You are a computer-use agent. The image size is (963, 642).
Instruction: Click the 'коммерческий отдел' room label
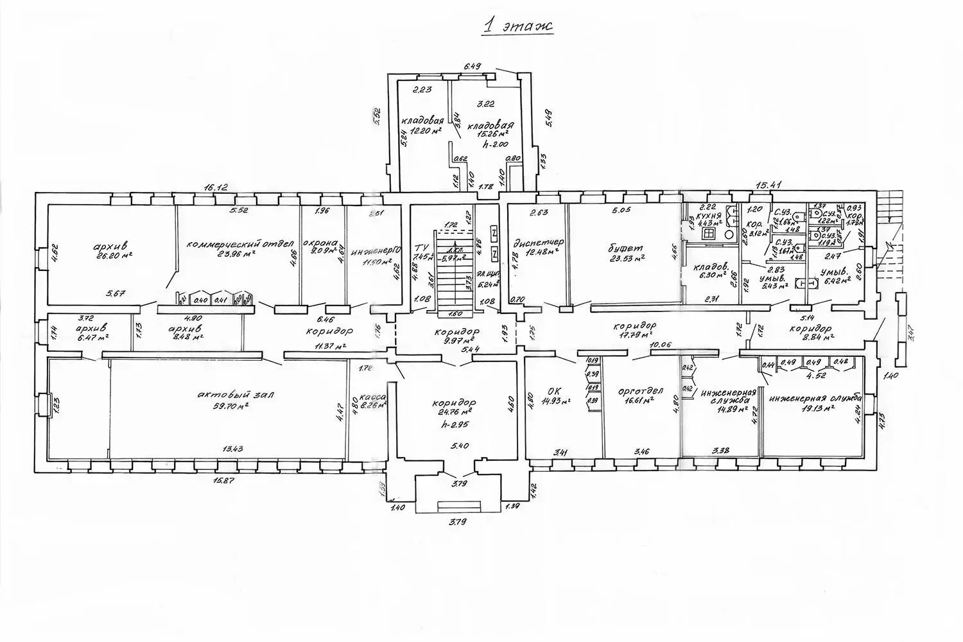coord(240,244)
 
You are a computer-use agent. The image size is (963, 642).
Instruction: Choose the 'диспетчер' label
coord(539,243)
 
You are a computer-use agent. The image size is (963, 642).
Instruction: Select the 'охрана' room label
coord(320,243)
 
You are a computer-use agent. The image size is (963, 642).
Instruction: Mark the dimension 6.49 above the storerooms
coord(473,65)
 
